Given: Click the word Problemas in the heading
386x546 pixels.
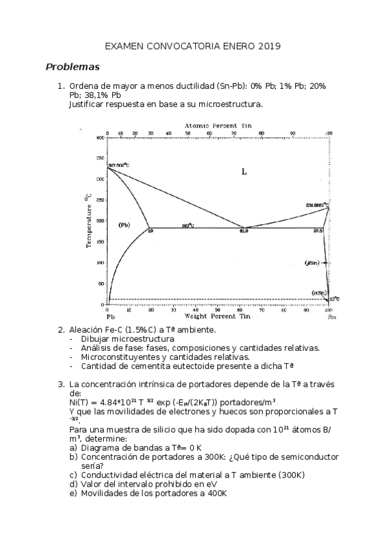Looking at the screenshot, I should coord(72,66).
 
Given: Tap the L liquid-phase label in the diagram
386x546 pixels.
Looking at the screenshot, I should coord(244,171).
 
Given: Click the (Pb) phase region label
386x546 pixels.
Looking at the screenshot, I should coord(124,225).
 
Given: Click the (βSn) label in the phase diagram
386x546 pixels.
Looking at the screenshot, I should coord(312,263).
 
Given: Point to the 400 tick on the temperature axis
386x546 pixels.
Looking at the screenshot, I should coord(100,138).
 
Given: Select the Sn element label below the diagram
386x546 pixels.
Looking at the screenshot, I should coord(331,317).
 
